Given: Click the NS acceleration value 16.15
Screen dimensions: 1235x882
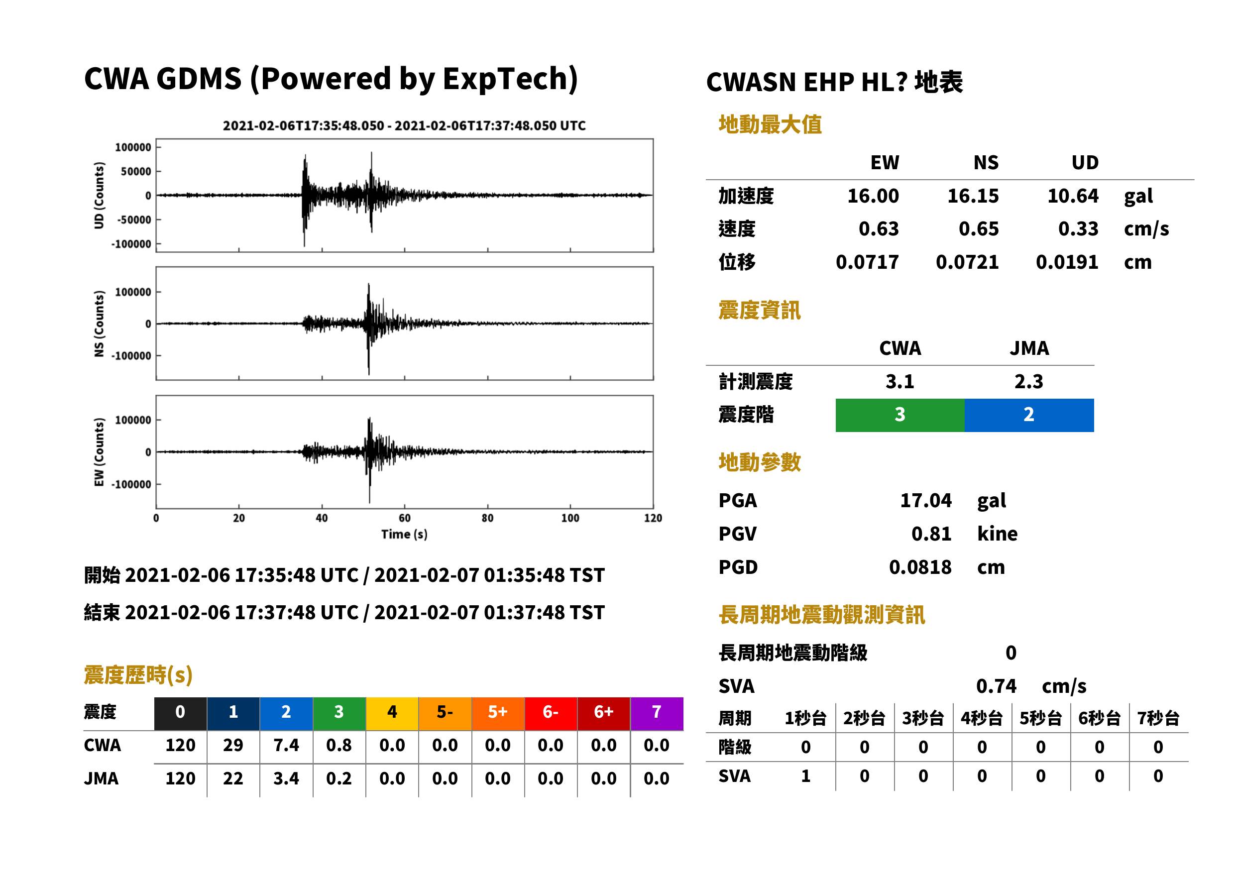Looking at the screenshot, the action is (x=973, y=196).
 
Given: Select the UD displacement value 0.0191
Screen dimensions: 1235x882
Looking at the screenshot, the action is (x=1067, y=262).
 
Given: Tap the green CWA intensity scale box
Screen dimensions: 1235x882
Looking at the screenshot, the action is (x=900, y=415).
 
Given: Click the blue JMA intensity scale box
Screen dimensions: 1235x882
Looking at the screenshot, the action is (x=1029, y=415).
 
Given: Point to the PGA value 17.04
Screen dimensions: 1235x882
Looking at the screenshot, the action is (x=926, y=500).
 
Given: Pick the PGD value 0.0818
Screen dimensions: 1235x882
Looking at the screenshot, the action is (x=920, y=567).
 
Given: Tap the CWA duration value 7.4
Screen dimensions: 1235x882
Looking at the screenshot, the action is (x=286, y=746).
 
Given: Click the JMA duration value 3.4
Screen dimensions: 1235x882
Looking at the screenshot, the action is (x=286, y=779).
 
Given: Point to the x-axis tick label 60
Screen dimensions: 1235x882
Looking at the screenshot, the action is (x=405, y=518).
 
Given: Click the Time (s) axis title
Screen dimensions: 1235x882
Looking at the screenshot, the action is (x=404, y=535).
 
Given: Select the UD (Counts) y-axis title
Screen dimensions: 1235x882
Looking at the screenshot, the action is (x=99, y=196).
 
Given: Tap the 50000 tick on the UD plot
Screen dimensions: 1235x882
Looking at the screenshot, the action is (x=136, y=172).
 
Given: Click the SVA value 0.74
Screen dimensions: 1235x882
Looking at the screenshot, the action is (x=996, y=686).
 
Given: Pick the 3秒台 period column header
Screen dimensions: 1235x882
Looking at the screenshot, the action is (x=923, y=719).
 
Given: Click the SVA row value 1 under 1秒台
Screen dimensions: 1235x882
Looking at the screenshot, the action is (x=806, y=776).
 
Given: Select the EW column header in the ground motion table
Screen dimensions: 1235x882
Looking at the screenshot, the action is (x=885, y=163).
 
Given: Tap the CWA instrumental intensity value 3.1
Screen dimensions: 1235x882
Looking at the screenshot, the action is (x=900, y=382).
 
